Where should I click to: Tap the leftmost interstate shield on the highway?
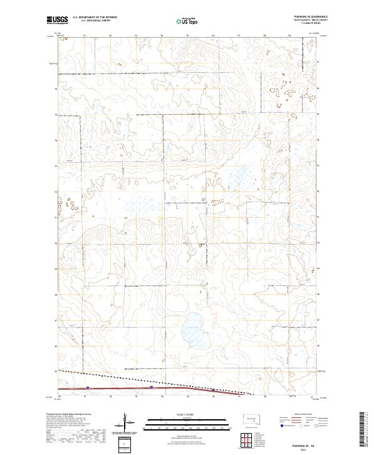tap(88, 387)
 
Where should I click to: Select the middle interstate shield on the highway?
tap(152, 387)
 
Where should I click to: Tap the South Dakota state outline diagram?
tap(251, 418)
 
